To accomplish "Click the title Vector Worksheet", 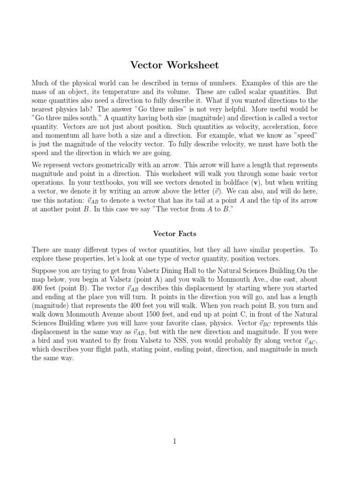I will click(x=174, y=65).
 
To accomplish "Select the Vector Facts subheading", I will click(x=174, y=233).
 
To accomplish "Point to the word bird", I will click(x=46, y=341).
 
